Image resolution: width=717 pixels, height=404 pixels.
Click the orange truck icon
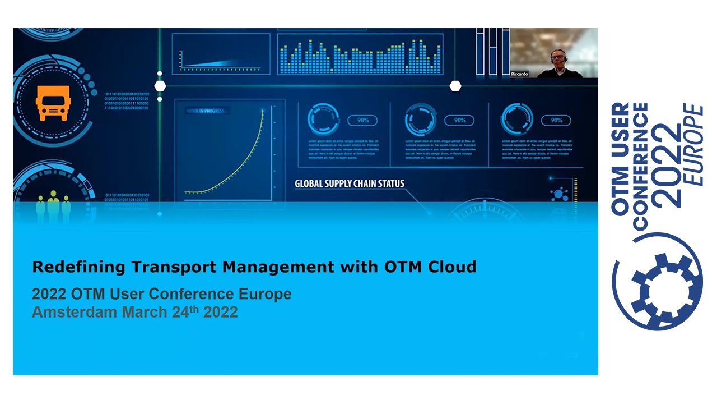click(53, 104)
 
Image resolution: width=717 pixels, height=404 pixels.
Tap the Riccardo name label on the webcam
click(519, 74)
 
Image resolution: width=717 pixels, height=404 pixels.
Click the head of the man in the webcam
click(557, 57)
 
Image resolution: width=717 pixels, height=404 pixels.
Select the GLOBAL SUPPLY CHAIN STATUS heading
click(350, 183)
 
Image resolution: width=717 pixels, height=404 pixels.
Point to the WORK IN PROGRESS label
click(205, 111)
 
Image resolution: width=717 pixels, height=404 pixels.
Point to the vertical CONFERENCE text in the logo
click(640, 166)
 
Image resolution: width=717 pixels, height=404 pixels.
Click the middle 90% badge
click(459, 120)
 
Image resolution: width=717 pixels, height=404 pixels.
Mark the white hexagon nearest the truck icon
click(160, 86)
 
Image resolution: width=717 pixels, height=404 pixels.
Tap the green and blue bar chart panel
click(360, 55)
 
